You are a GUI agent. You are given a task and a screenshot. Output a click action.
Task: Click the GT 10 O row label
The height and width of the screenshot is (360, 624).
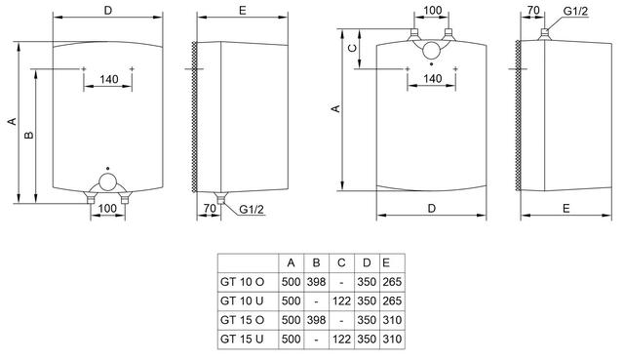click(x=242, y=282)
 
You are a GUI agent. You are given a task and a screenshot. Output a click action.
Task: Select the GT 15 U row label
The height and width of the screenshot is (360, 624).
click(x=242, y=340)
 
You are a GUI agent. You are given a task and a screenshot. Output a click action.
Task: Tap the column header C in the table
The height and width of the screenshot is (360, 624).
click(x=341, y=262)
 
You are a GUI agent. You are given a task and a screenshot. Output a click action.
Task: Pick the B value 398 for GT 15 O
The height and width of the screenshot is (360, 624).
click(x=316, y=320)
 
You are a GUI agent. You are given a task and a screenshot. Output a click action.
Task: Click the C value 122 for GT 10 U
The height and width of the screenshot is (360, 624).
click(x=341, y=301)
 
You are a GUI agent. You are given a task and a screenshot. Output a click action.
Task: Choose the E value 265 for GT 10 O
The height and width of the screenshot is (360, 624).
click(x=392, y=282)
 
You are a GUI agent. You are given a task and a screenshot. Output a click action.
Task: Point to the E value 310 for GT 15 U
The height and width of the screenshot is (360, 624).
click(x=392, y=340)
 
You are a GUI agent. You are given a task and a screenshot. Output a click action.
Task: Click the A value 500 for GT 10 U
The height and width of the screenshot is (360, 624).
click(x=291, y=301)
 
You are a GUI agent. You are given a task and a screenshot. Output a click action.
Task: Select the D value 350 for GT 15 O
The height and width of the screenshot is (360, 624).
click(x=367, y=320)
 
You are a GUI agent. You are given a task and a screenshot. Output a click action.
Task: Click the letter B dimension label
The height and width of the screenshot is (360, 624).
click(x=29, y=136)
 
